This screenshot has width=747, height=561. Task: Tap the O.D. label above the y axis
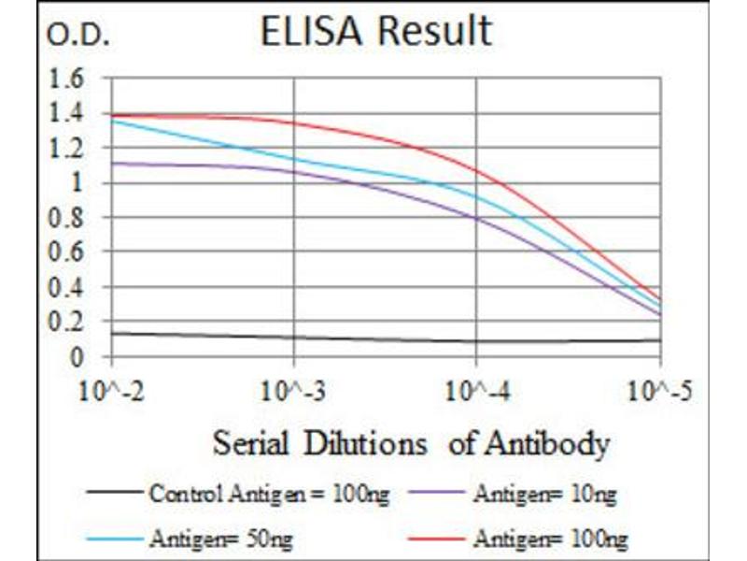tap(78, 38)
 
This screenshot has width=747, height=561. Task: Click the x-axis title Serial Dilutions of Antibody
tap(411, 441)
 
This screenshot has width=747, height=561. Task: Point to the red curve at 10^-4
tap(477, 171)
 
